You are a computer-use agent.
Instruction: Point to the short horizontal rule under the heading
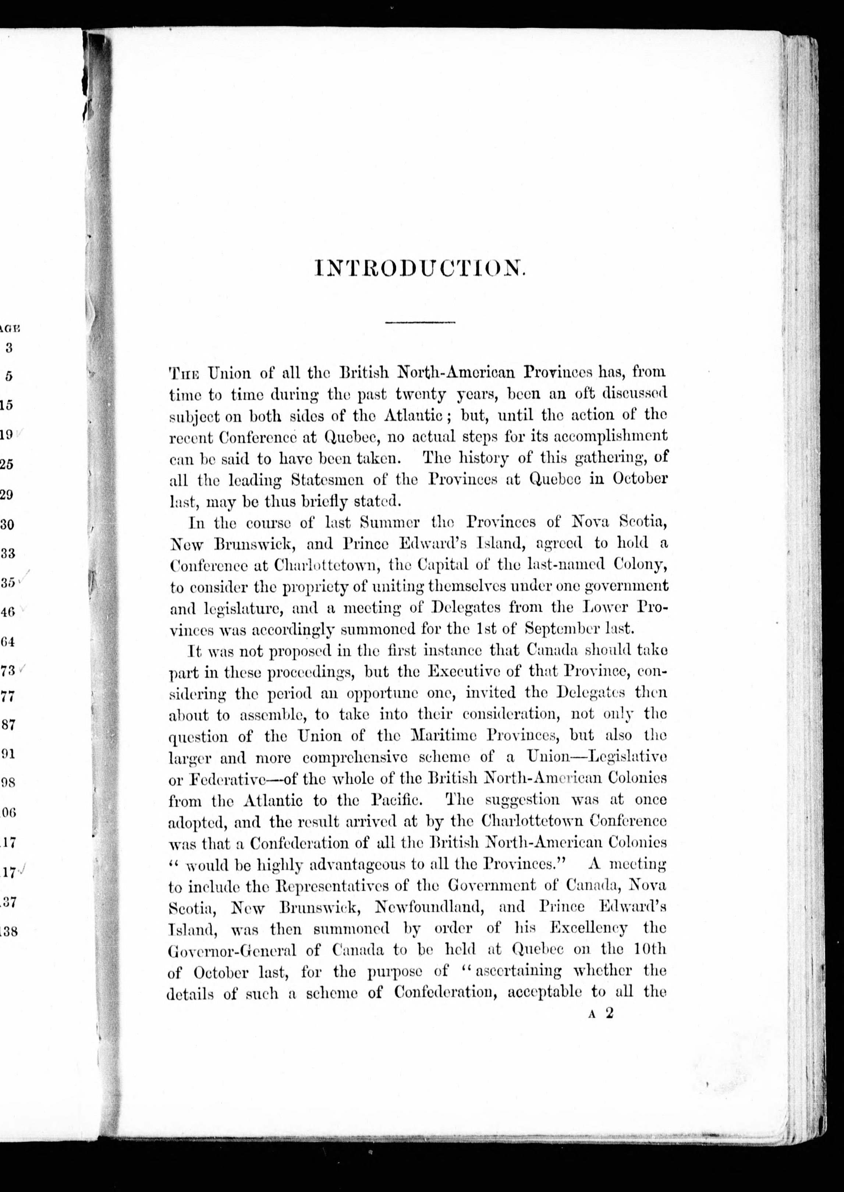point(420,323)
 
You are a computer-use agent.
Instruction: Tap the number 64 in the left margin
point(8,642)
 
